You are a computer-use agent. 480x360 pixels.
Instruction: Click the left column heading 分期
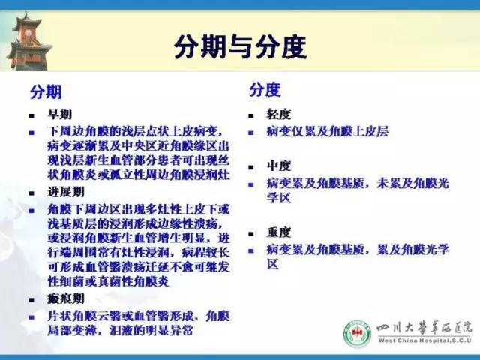46,92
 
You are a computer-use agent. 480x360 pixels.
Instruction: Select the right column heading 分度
265,90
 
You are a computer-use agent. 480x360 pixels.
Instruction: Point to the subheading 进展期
66,193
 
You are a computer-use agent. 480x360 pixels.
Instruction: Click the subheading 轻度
279,115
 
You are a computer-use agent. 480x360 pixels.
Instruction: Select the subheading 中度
279,166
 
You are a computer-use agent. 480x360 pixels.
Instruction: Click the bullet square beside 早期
32,117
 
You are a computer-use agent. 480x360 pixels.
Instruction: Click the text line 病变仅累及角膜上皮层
328,131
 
